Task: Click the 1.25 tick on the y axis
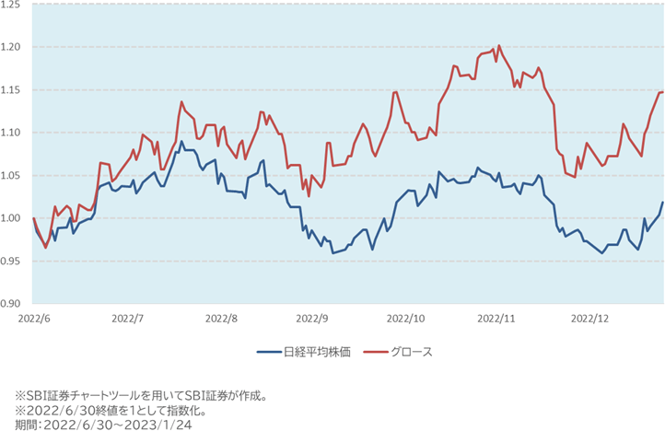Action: click(14, 5)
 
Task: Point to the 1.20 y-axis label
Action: click(14, 47)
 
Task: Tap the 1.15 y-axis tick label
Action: click(14, 89)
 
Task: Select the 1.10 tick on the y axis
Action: click(14, 133)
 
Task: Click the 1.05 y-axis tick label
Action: click(14, 175)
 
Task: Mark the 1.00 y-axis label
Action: click(14, 218)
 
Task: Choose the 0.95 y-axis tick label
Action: click(14, 261)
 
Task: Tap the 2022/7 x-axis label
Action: click(128, 318)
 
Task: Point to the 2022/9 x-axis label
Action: click(313, 318)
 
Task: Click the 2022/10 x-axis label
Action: click(405, 318)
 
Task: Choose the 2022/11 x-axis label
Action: click(497, 318)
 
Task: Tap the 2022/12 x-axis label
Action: click(589, 318)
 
